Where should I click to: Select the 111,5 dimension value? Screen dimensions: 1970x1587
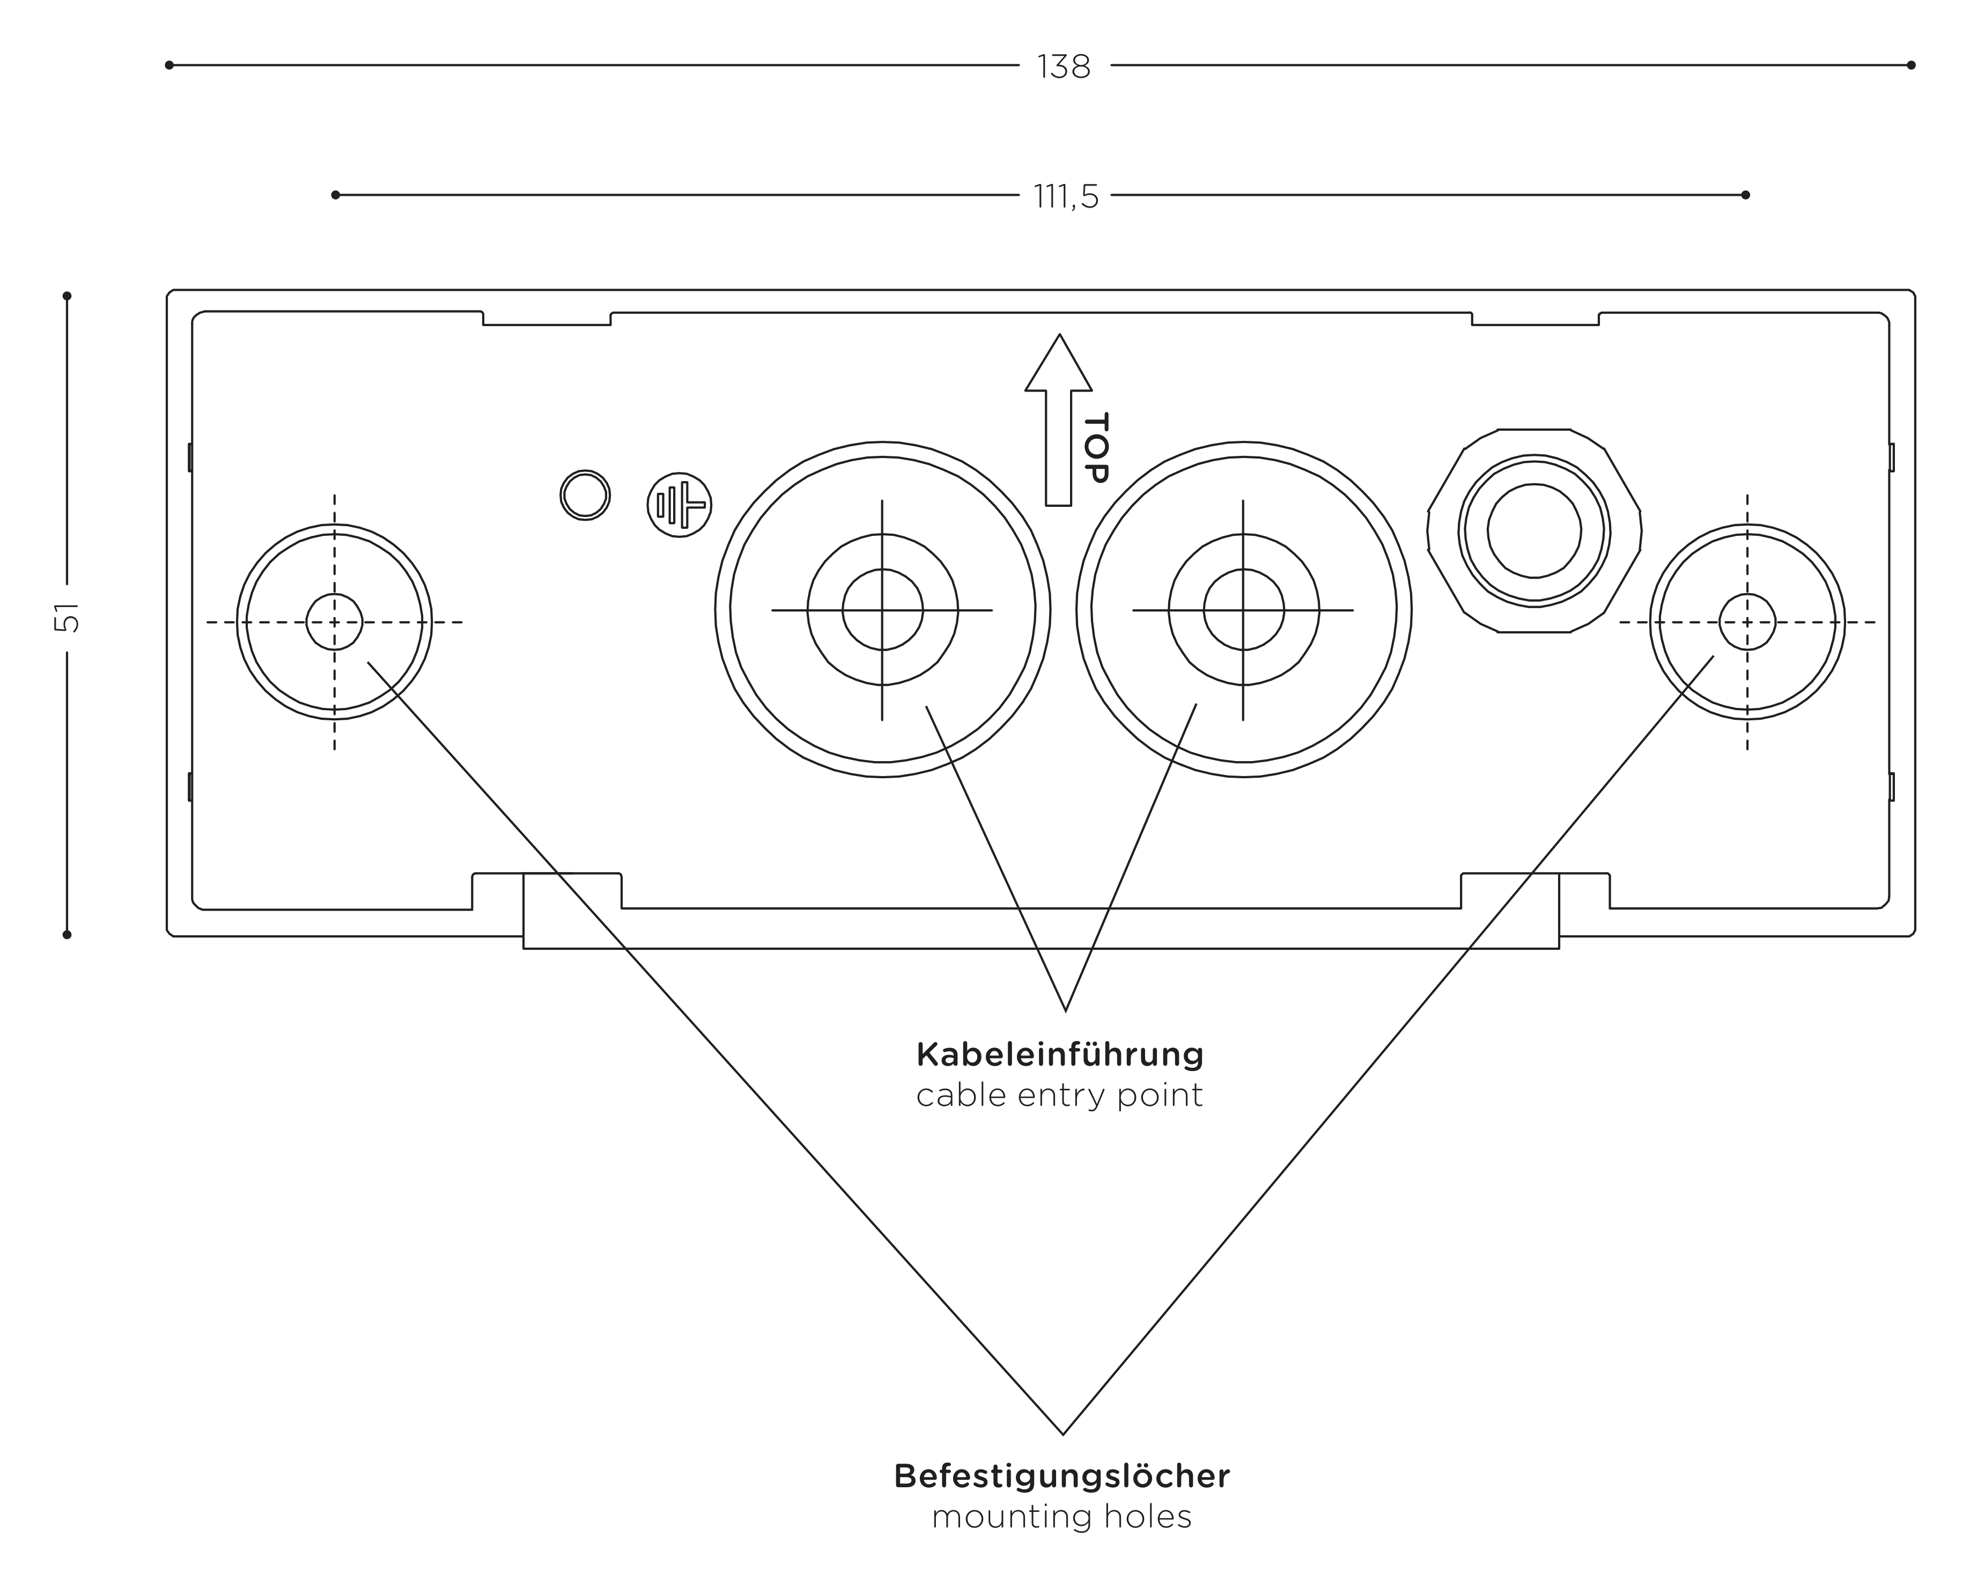[x=1066, y=196]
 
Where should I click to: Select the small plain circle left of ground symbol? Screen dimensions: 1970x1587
[x=585, y=496]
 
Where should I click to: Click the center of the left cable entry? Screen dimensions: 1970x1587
[x=882, y=610]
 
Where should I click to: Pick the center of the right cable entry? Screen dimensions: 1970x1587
[x=1243, y=610]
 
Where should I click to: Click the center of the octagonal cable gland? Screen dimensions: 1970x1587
[x=1534, y=531]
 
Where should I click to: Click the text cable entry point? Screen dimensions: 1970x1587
[x=1059, y=1095]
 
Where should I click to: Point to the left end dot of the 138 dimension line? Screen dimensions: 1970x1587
[x=169, y=65]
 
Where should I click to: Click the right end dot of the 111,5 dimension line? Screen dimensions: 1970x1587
[x=1745, y=195]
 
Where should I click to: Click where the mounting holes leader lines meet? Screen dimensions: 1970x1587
[x=1063, y=1434]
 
